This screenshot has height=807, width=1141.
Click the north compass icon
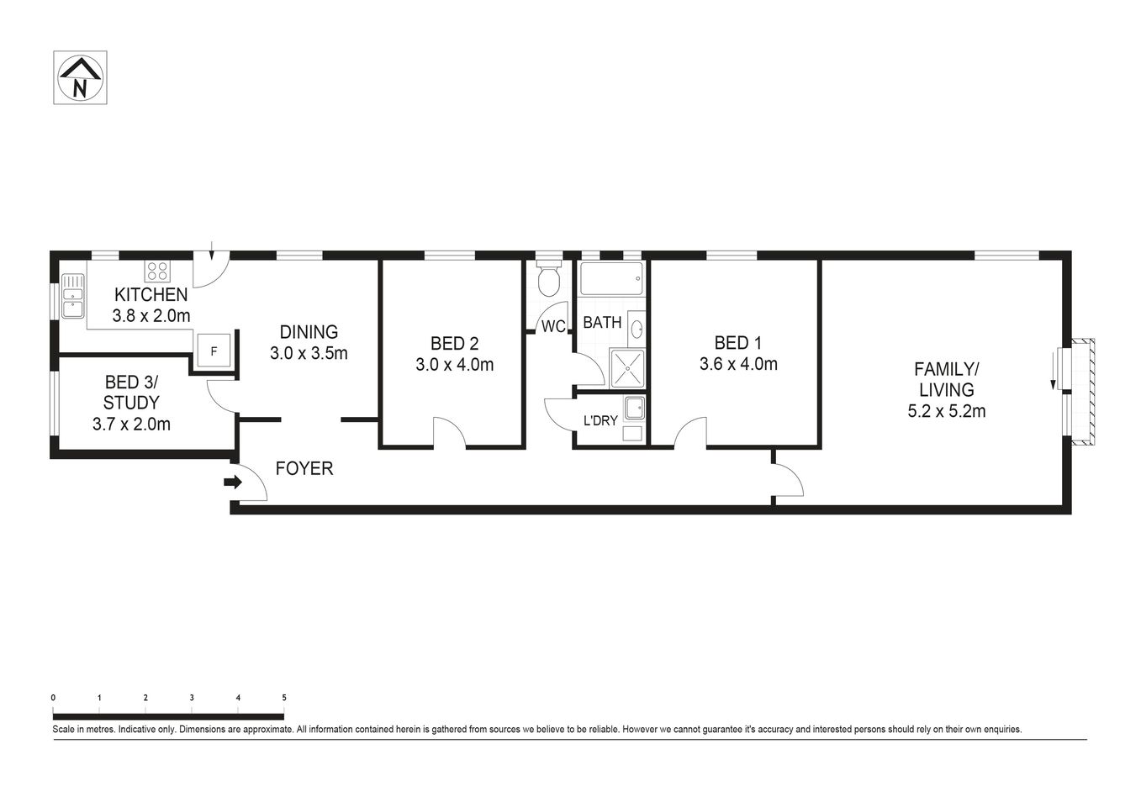(x=80, y=77)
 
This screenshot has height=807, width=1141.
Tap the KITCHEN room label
(x=151, y=295)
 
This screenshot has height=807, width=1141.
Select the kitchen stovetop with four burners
(x=157, y=271)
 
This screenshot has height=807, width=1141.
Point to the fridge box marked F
(x=214, y=351)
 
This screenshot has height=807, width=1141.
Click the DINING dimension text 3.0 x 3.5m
(x=309, y=354)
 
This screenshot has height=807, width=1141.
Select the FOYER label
(x=304, y=469)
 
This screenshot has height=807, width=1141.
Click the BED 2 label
(x=454, y=343)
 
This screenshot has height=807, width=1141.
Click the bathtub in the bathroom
(x=611, y=278)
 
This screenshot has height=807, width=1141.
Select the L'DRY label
(x=600, y=420)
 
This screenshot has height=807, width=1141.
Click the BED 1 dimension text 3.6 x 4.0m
(x=737, y=365)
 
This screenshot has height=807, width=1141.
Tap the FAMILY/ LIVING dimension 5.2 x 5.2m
(x=946, y=412)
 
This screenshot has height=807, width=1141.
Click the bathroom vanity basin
(x=636, y=328)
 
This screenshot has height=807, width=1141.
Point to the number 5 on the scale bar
(x=284, y=698)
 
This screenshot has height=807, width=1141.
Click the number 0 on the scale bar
(x=53, y=698)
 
